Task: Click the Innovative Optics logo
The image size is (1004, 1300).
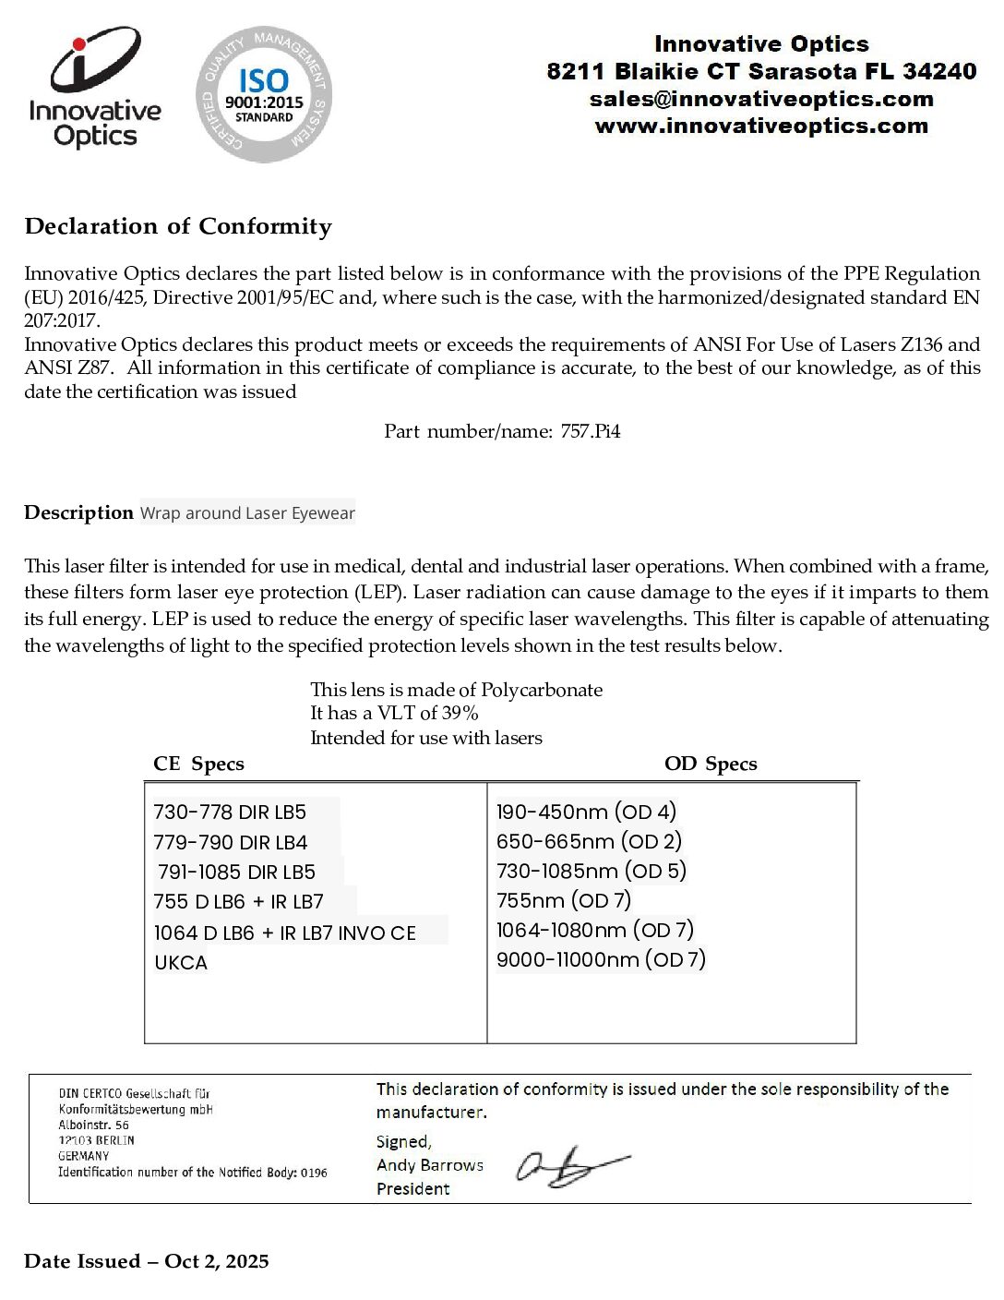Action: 95,90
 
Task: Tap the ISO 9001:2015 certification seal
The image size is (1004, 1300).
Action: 264,94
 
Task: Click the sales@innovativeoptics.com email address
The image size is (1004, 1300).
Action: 761,99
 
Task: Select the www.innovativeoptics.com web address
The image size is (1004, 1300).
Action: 761,126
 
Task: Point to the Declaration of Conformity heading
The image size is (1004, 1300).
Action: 178,226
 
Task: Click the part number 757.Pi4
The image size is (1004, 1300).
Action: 591,431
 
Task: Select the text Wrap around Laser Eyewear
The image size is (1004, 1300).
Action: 247,513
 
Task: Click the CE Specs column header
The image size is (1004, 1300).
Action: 198,764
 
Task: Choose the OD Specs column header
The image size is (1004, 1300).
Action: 711,764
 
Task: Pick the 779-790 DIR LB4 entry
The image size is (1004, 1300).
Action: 231,842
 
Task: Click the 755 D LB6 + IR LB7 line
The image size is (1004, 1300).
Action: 239,901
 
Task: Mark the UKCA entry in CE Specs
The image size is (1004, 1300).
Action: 181,962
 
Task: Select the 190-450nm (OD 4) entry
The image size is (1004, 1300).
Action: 586,812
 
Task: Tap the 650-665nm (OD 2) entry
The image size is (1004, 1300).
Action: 589,841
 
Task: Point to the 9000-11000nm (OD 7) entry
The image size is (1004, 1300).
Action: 601,959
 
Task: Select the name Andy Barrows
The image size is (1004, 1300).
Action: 430,1165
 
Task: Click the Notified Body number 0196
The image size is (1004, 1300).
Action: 314,1173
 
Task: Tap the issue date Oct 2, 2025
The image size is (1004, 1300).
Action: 217,1261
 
